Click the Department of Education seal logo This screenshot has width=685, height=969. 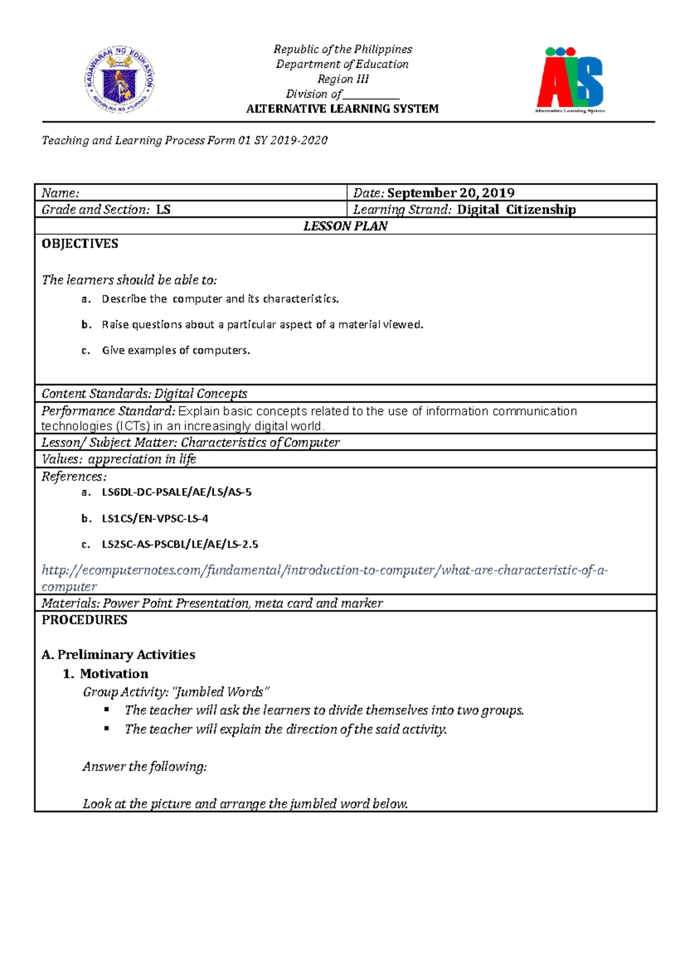tap(120, 80)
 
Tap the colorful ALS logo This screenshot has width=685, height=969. tap(570, 80)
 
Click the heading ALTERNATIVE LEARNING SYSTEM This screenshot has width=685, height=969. tap(342, 109)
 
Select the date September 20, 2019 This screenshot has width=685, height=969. tap(450, 193)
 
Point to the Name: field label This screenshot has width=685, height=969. tap(61, 193)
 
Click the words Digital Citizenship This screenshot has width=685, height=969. tap(516, 209)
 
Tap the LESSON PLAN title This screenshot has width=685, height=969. tap(345, 226)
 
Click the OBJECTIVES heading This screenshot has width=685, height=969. tap(80, 244)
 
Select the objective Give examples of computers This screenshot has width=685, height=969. tap(176, 350)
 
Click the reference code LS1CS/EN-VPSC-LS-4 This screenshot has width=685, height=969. tap(155, 519)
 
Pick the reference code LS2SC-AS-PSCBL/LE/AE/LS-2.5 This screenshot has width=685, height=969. tap(180, 544)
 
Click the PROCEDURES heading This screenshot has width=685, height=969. tap(84, 620)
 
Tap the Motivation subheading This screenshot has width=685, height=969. tap(114, 674)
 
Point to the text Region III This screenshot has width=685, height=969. tap(342, 79)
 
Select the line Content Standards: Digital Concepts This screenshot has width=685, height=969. tap(144, 394)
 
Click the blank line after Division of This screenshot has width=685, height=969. tap(371, 95)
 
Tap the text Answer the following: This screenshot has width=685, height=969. tap(145, 766)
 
